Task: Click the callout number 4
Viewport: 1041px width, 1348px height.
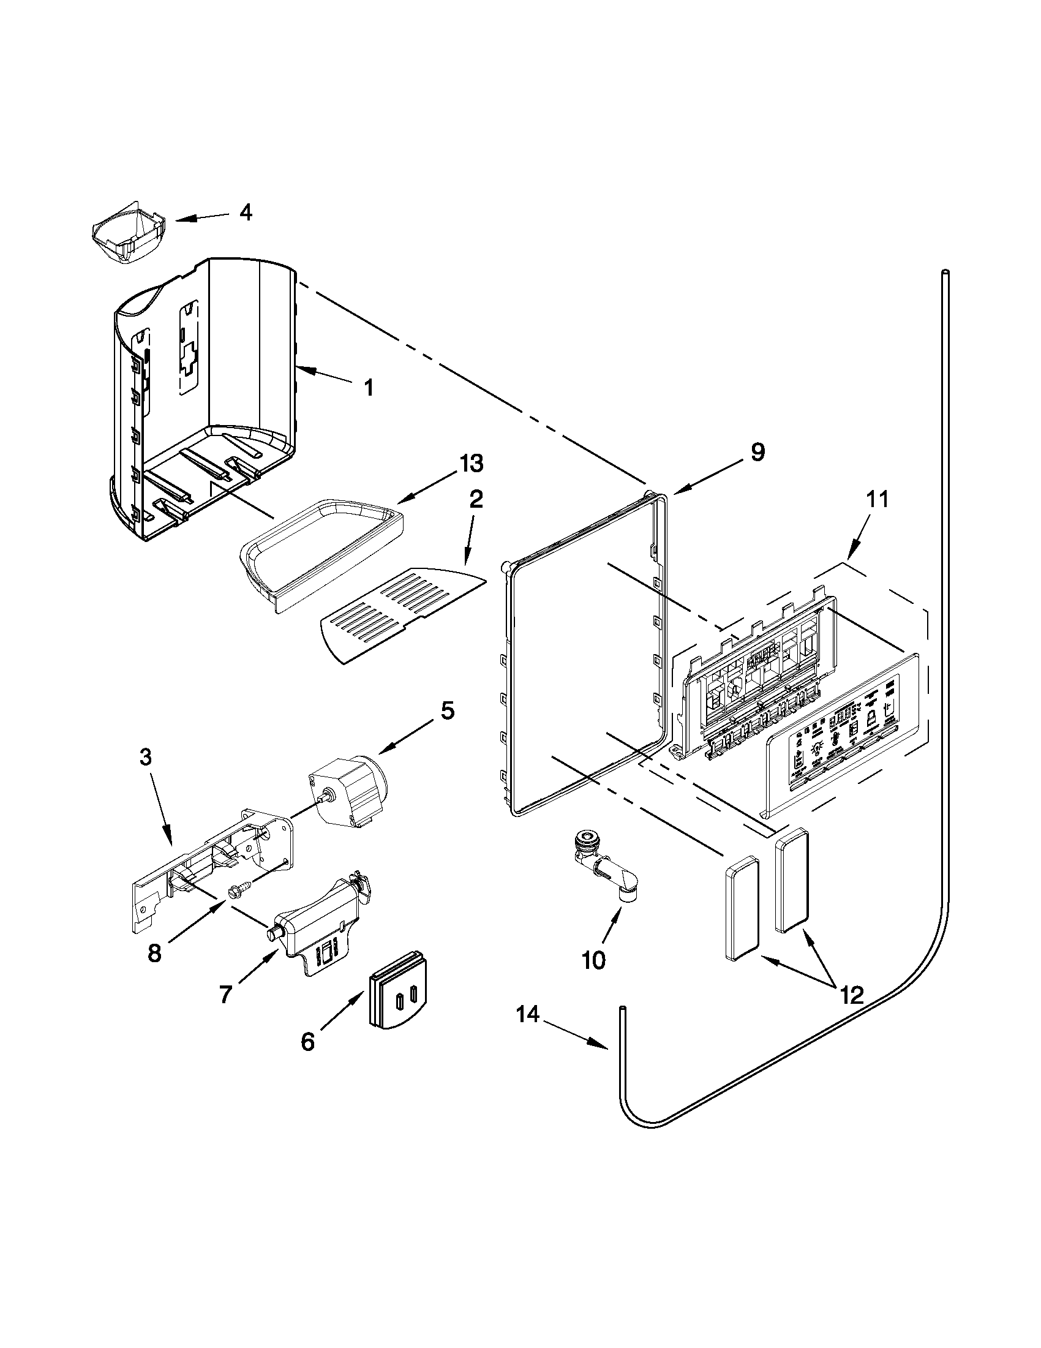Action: pos(245,213)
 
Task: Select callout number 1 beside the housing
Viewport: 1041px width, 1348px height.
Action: pos(369,388)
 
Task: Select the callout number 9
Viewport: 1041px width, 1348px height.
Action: pos(757,452)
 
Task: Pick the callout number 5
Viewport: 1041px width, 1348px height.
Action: pos(448,710)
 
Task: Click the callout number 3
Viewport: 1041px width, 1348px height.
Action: pos(145,757)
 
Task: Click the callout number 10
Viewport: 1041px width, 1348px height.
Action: pos(593,960)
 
